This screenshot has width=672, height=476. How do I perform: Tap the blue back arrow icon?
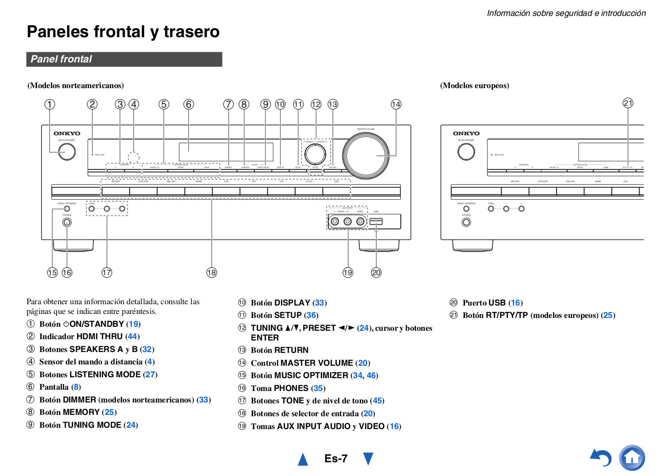coord(601,457)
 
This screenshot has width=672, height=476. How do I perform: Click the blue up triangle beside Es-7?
coord(303,459)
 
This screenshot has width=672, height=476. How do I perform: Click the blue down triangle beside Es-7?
coord(368,458)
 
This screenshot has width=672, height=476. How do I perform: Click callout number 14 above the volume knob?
coord(396,104)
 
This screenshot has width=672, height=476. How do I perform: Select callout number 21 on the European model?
coord(628,103)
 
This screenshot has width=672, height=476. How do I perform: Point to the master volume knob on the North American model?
coord(366,156)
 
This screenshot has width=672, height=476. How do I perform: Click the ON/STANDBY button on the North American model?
coord(67,151)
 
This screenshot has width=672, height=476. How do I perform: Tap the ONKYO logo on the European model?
coord(466,133)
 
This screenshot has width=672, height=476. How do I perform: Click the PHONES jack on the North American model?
coord(67,222)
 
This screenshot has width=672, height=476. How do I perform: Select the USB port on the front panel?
coord(376,221)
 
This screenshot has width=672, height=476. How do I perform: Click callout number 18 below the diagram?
coord(211,273)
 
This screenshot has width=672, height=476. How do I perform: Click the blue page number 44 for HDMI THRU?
coord(132,337)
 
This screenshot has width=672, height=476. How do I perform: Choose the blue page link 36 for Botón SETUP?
coord(311,315)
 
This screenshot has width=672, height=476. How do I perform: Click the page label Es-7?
coord(336,458)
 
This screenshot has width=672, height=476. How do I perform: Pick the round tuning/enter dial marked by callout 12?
coord(315,153)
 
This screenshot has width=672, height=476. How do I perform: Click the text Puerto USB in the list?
coord(484,303)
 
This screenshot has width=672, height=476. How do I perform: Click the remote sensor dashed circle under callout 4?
coord(134,157)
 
